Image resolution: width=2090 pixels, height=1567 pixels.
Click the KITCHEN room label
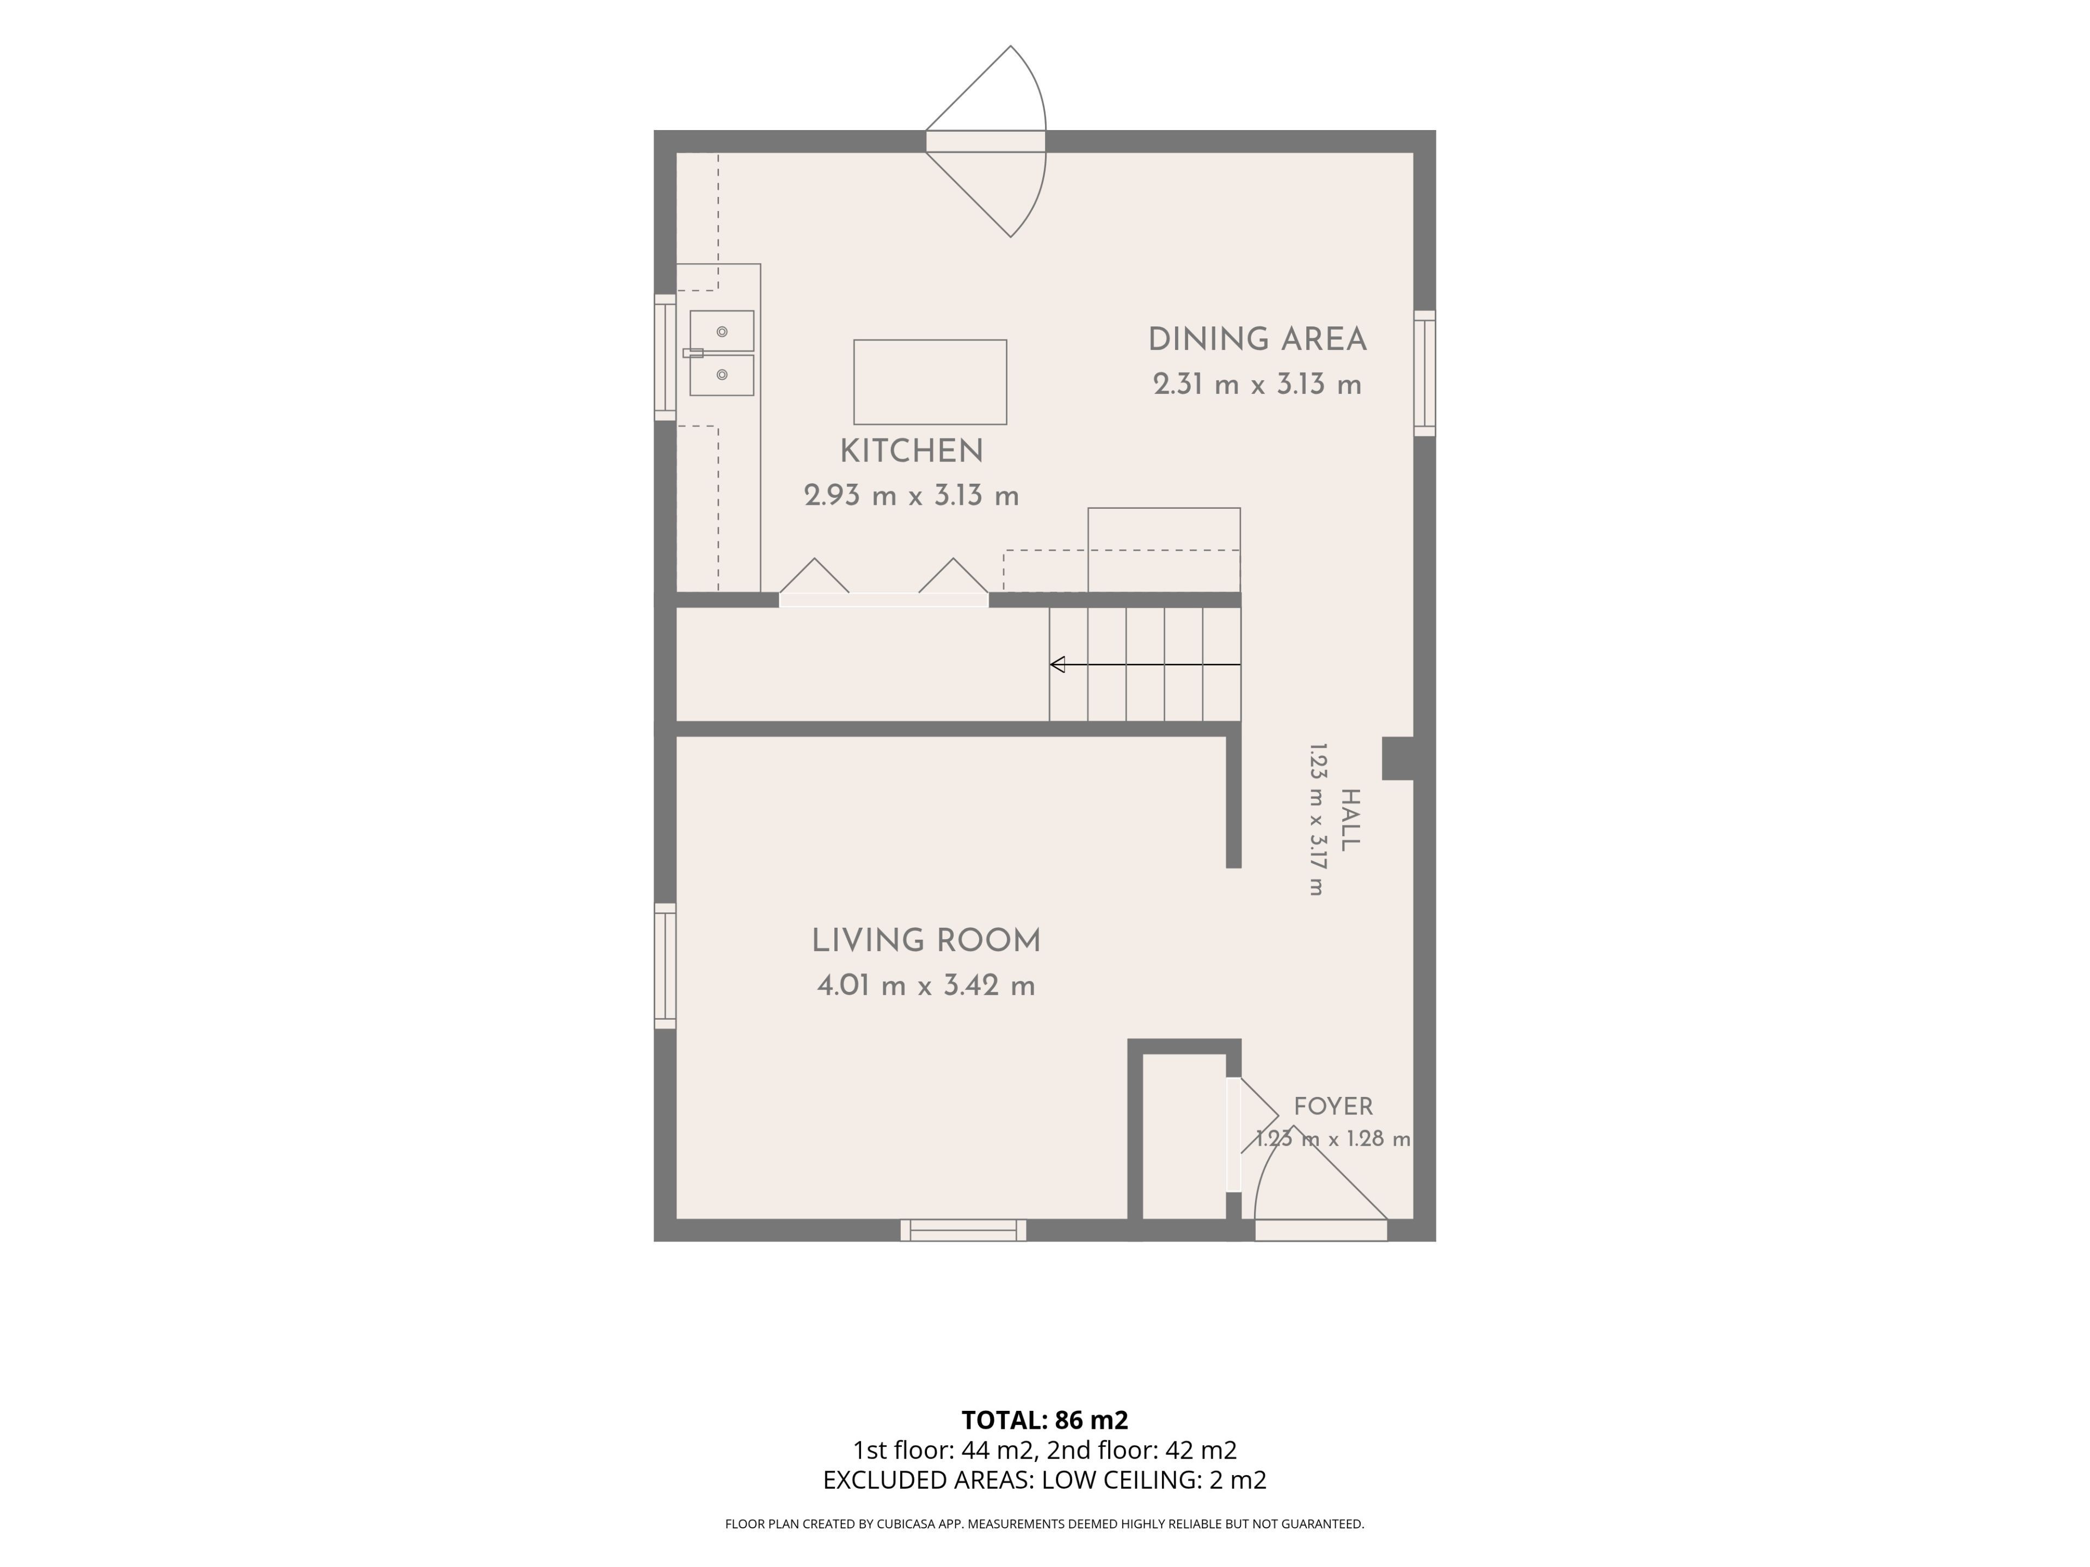[x=912, y=452]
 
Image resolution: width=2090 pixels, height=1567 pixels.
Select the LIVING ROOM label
[x=926, y=941]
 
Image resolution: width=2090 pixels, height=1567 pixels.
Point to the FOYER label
[x=1333, y=1106]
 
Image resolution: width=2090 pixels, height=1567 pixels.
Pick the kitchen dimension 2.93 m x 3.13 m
[x=912, y=496]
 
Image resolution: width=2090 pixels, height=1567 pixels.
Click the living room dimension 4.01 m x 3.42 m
[x=926, y=986]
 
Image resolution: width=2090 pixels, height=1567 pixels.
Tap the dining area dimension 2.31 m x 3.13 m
[x=1258, y=385]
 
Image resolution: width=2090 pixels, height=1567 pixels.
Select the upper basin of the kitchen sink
[x=722, y=331]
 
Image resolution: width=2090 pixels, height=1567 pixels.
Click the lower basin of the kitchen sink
[x=722, y=375]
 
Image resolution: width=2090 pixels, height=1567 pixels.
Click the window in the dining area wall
[x=1425, y=373]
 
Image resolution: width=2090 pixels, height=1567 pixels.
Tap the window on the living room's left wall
[x=665, y=965]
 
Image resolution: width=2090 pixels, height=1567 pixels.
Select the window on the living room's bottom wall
[x=963, y=1230]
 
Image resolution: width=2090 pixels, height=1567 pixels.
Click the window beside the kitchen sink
[x=665, y=357]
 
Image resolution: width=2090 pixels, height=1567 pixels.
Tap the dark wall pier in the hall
[x=1398, y=758]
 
